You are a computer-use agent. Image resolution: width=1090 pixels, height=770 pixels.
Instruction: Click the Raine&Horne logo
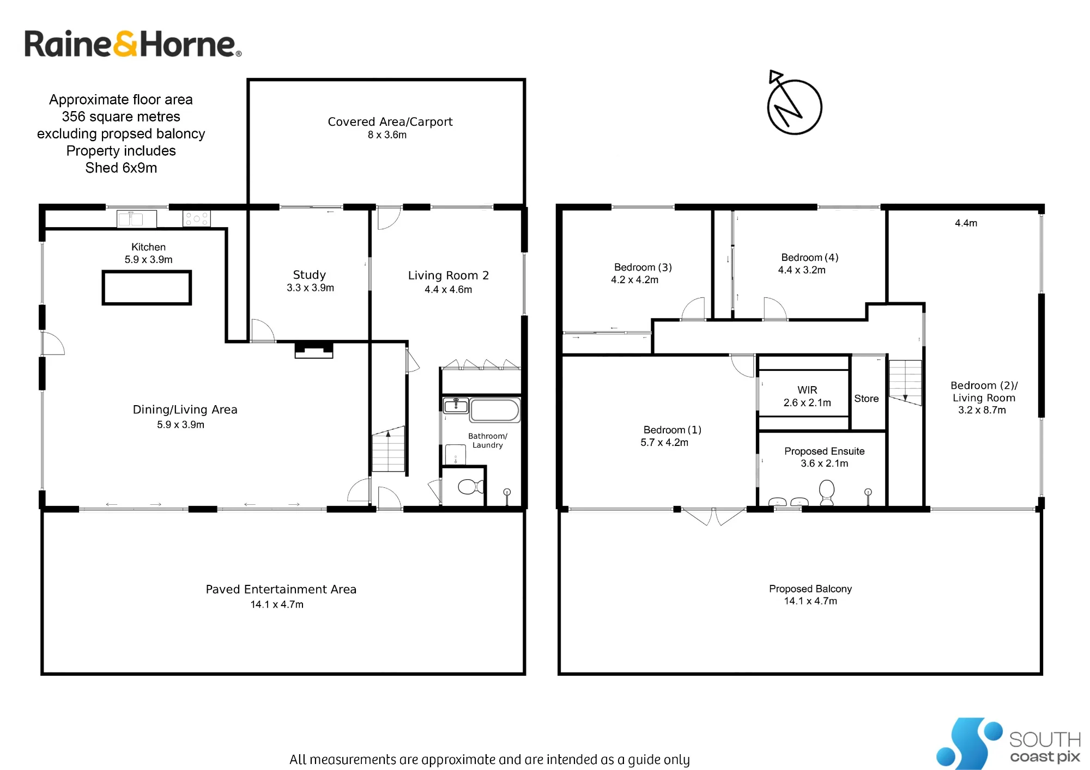pyautogui.click(x=132, y=44)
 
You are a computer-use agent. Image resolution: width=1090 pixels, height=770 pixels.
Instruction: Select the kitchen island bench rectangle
pyautogui.click(x=147, y=288)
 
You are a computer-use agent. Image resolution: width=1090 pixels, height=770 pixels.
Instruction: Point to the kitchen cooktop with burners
pyautogui.click(x=196, y=218)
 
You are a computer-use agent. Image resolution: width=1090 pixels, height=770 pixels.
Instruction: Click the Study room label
pyautogui.click(x=310, y=275)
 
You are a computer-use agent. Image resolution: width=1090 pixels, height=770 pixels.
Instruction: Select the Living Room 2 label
pyautogui.click(x=449, y=276)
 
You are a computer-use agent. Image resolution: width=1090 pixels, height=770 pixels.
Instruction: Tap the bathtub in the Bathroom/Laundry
pyautogui.click(x=495, y=411)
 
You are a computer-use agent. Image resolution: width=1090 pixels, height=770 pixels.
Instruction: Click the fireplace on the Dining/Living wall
pyautogui.click(x=314, y=350)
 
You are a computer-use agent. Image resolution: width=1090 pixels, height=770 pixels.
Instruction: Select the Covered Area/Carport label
pyautogui.click(x=390, y=122)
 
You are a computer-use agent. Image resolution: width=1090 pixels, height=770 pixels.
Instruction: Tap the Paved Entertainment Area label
pyautogui.click(x=281, y=589)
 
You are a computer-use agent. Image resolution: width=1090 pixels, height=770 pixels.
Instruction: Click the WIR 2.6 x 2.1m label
pyautogui.click(x=807, y=396)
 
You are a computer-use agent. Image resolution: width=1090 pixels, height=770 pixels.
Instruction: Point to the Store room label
pyautogui.click(x=867, y=399)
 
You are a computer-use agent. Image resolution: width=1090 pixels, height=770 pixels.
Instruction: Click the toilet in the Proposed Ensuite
pyautogui.click(x=827, y=492)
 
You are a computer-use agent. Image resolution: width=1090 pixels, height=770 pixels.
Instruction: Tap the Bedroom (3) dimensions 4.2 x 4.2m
pyautogui.click(x=635, y=280)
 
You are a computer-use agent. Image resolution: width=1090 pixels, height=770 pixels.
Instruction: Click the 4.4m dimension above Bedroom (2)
pyautogui.click(x=966, y=223)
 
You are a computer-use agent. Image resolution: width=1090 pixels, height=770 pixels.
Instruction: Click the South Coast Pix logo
pyautogui.click(x=1008, y=743)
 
